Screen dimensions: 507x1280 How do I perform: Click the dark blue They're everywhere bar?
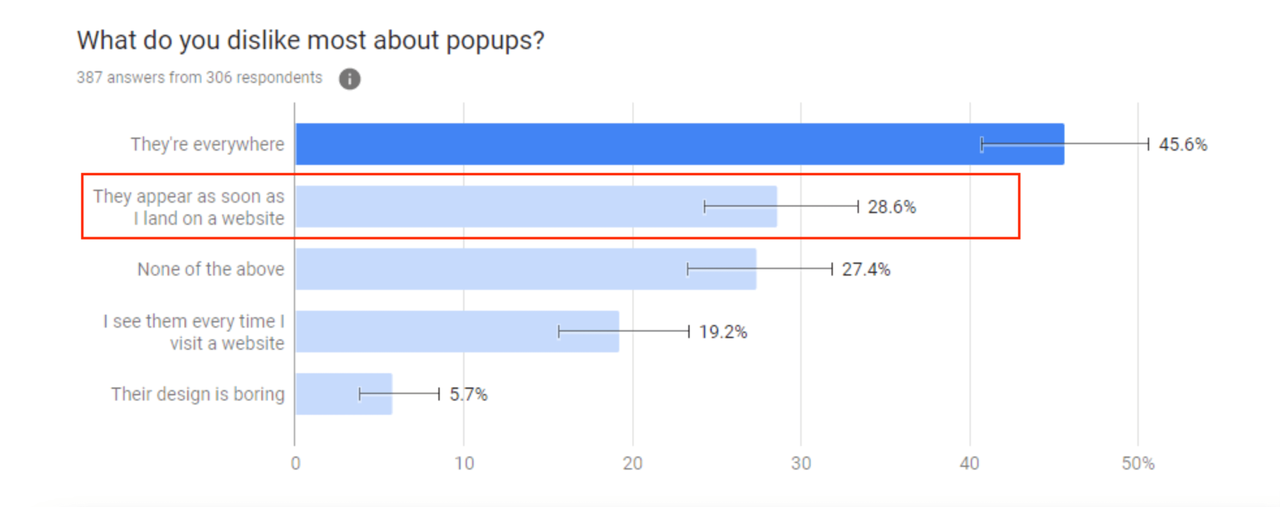coord(625,144)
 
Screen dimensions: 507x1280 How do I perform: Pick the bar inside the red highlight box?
coord(500,206)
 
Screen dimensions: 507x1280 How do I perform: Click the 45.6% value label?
coord(1182,144)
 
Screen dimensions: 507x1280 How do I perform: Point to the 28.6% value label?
coord(891,207)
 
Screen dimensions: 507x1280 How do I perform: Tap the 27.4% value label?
coord(866,269)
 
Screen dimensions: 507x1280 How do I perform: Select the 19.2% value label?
coord(722,332)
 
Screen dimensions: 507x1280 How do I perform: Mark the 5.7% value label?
coord(468,394)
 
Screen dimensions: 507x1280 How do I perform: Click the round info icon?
coord(349,79)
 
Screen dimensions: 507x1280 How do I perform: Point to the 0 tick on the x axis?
coord(295,463)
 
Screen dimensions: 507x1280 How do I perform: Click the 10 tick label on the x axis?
coord(464,463)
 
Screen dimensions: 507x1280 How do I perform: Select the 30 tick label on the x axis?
coord(801,463)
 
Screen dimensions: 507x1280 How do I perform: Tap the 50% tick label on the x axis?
coord(1137,463)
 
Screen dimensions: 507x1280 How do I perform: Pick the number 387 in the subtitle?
coord(89,78)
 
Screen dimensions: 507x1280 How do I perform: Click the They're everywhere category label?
coord(207,144)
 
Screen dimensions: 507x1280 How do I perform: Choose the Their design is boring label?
coord(197,394)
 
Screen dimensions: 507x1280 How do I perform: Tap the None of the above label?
coord(211,269)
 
